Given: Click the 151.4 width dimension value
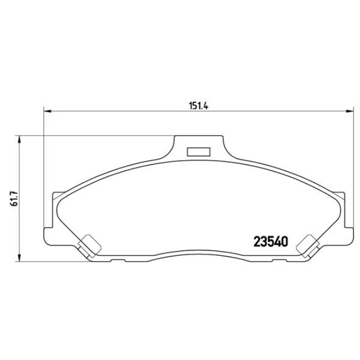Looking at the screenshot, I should coord(198,107).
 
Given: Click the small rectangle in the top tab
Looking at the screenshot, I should coord(198,151).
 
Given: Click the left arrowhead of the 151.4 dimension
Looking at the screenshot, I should coord(47,112).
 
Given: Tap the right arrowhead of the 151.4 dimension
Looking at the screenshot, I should coord(348,112).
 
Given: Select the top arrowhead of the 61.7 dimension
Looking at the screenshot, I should coord(19,139).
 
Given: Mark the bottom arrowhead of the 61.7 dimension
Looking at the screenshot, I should coord(19,258).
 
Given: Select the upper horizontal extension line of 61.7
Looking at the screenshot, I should coord(94,135).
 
